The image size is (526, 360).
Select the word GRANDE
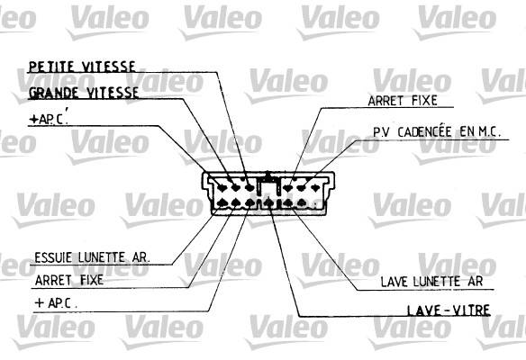54,93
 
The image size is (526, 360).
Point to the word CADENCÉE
424,131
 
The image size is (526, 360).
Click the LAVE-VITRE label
449,310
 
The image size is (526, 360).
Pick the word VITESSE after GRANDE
113,93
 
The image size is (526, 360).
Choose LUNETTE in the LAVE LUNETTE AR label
437,281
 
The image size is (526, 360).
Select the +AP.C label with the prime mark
49,118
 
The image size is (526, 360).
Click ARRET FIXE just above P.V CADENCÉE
403,100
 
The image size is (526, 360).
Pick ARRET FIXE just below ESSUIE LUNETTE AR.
68,280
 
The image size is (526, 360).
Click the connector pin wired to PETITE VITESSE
249,187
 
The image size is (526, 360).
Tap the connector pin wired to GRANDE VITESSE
235,187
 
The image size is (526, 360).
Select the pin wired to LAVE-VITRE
268,202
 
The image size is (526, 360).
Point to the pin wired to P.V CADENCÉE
301,188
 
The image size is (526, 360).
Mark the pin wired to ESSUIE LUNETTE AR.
222,202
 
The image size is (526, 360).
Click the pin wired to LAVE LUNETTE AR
288,202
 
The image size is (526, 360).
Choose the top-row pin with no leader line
315,188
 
